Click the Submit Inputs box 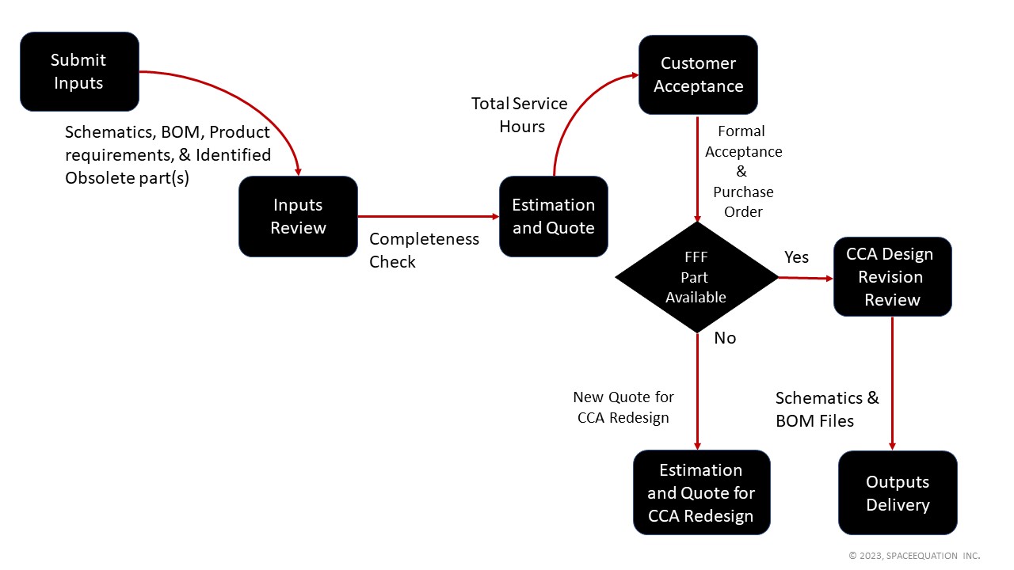(x=79, y=71)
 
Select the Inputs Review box (x=298, y=216)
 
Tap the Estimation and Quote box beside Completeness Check (x=553, y=216)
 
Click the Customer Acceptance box (x=698, y=74)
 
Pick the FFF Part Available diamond (x=696, y=278)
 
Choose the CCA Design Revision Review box (x=892, y=277)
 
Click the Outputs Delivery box (x=898, y=493)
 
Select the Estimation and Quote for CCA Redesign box (x=701, y=493)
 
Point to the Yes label (x=796, y=257)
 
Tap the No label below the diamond (x=725, y=338)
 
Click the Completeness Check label (x=424, y=250)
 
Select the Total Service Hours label (x=520, y=115)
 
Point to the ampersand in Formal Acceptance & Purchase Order (x=741, y=172)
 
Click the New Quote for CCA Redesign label (x=623, y=407)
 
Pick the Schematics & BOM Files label (x=827, y=409)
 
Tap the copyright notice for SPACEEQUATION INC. (x=914, y=556)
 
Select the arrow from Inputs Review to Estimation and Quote (x=428, y=216)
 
